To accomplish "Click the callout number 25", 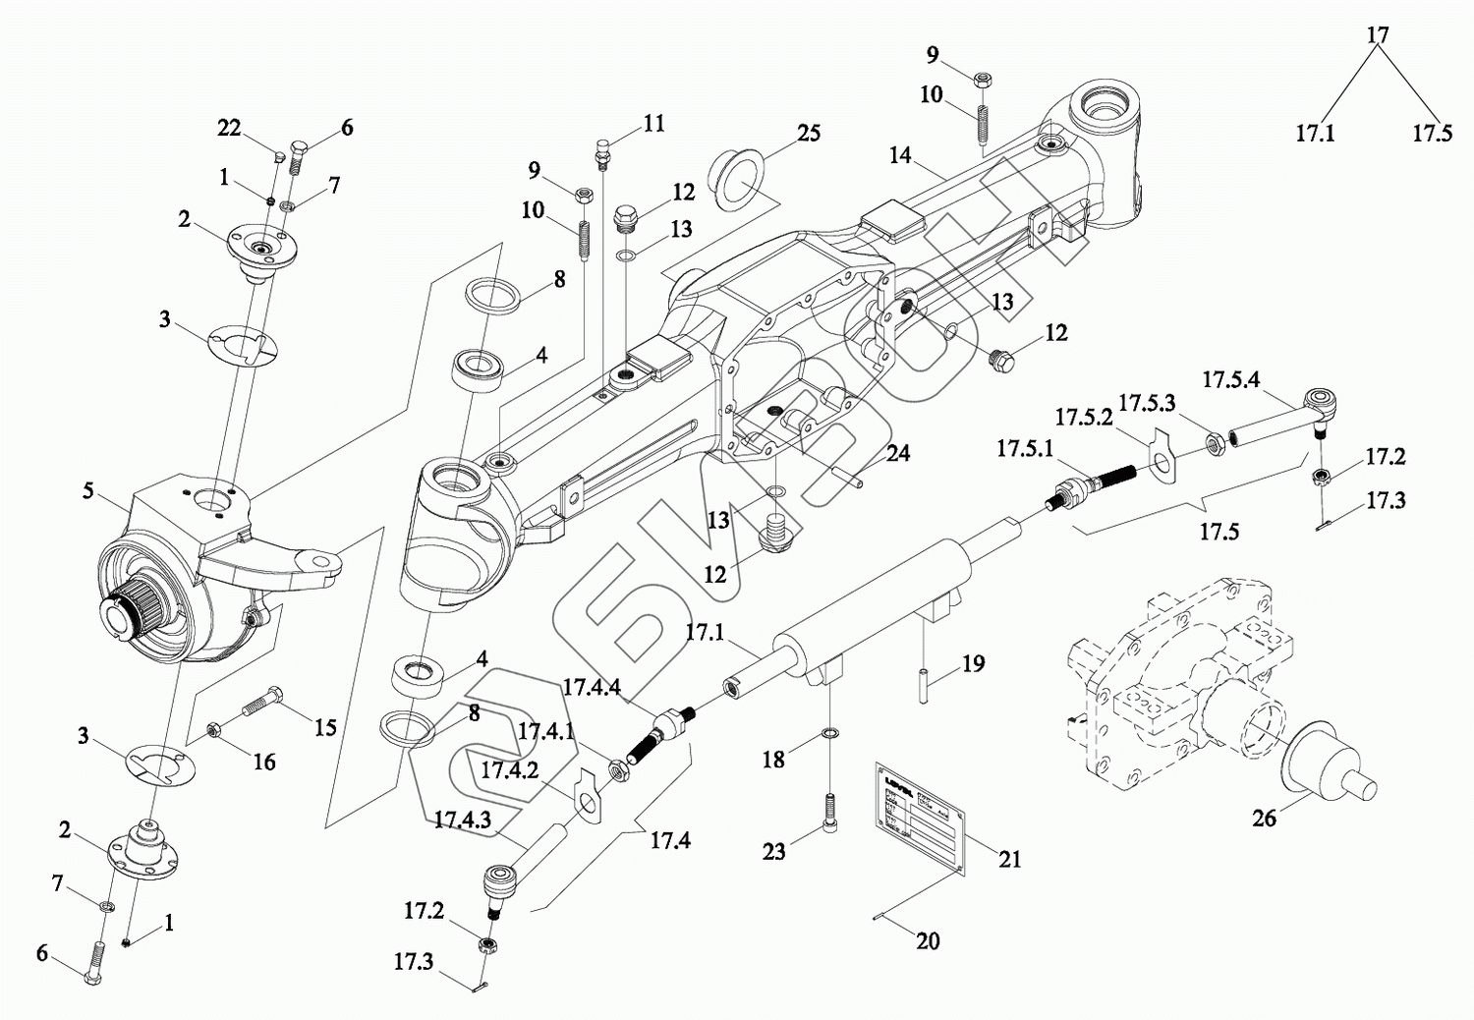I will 809,133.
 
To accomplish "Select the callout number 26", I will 1264,818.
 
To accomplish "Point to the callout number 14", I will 900,154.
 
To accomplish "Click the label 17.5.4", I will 1230,379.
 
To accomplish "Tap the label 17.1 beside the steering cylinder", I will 705,633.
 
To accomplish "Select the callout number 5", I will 88,488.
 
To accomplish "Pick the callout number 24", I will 898,453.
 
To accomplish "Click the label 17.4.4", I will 592,687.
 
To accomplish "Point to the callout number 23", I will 774,851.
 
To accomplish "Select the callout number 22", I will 229,128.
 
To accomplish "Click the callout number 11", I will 654,123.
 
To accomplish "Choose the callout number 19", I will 973,664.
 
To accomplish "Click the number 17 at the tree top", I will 1378,34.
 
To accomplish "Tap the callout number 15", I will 325,727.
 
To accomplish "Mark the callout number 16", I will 264,761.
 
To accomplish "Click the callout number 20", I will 928,940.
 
